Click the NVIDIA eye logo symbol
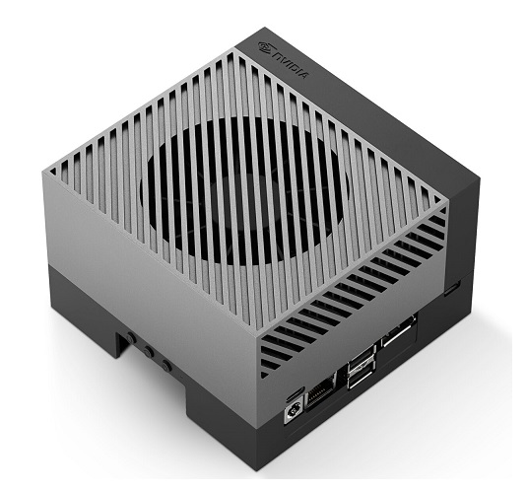pos(265,47)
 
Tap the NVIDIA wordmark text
pos(290,65)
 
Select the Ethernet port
pos(320,391)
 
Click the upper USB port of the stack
pos(362,360)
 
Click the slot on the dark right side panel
pos(452,289)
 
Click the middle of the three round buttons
pos(148,352)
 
